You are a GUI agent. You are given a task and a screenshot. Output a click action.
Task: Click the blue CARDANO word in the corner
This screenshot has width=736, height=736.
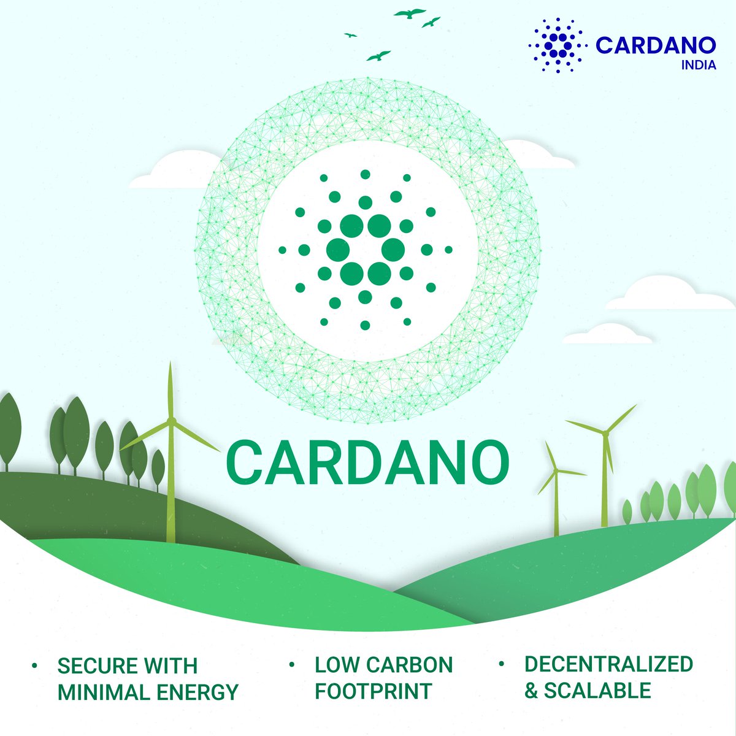655,45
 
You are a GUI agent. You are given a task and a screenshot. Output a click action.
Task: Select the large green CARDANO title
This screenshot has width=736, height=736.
368,461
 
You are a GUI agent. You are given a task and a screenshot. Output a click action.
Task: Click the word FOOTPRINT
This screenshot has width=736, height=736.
373,691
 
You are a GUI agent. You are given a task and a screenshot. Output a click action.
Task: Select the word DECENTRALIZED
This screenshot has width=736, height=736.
608,664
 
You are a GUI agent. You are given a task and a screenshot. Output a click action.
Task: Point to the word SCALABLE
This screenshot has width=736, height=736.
597,691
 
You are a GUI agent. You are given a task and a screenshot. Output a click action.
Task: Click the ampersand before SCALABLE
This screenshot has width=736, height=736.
531,691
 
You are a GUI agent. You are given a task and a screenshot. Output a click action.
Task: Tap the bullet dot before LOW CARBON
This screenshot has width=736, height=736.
293,664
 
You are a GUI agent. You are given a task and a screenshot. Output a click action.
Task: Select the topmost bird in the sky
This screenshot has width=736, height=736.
410,12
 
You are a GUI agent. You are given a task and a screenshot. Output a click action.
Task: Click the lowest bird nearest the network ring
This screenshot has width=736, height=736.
378,56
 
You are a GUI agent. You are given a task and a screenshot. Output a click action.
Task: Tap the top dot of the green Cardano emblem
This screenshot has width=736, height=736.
366,174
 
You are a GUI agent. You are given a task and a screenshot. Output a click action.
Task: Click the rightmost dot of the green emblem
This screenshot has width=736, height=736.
448,250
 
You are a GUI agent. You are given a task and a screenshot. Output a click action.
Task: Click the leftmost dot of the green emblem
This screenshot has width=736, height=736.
282,250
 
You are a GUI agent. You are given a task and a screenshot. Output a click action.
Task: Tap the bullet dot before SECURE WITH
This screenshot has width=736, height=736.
35,665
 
